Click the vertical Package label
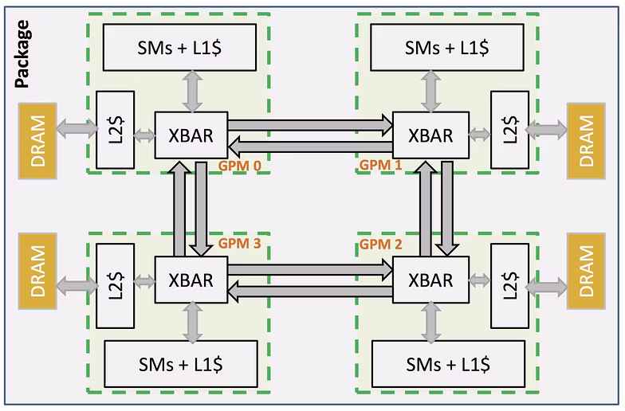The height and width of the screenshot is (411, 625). pyautogui.click(x=22, y=54)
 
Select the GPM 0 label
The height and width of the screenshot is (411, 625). pyautogui.click(x=239, y=166)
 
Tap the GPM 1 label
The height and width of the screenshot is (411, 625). pyautogui.click(x=381, y=164)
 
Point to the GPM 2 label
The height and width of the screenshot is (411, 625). pyautogui.click(x=381, y=244)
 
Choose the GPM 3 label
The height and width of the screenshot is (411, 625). pyautogui.click(x=239, y=243)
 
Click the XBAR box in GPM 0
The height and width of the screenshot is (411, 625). pyautogui.click(x=191, y=135)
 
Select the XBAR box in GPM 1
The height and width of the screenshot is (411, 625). pyautogui.click(x=430, y=135)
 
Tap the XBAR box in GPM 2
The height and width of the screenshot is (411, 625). pyautogui.click(x=430, y=280)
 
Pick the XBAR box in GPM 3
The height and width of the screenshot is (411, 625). pyautogui.click(x=191, y=280)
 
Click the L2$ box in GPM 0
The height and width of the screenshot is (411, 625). pyautogui.click(x=115, y=130)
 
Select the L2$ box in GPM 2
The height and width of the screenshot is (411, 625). pyautogui.click(x=510, y=286)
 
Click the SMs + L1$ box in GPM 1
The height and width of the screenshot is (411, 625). pyautogui.click(x=446, y=48)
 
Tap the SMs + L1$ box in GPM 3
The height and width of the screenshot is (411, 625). pyautogui.click(x=180, y=363)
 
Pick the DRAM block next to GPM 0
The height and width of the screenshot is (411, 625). pyautogui.click(x=37, y=141)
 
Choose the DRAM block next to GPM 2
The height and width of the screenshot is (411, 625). pyautogui.click(x=586, y=271)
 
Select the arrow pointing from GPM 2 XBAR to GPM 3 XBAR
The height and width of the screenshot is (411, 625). pyautogui.click(x=309, y=291)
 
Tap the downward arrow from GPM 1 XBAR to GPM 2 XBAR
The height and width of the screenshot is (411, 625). pyautogui.click(x=446, y=209)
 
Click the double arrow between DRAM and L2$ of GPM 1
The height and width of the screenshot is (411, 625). pyautogui.click(x=547, y=129)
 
